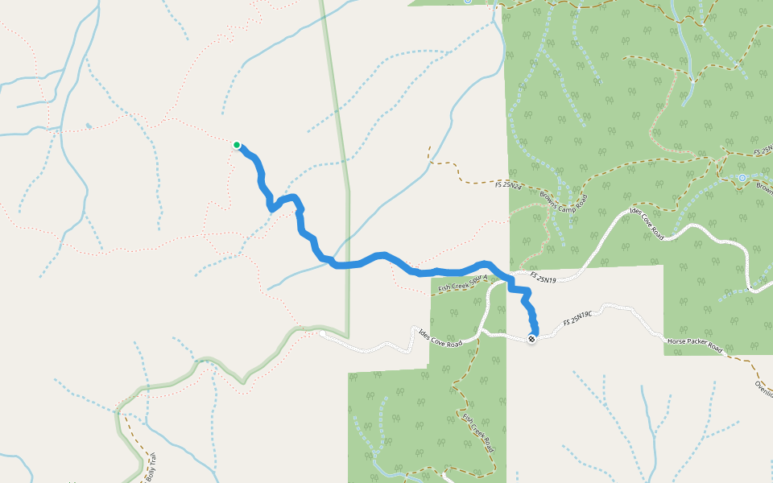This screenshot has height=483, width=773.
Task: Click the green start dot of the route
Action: coord(237,145)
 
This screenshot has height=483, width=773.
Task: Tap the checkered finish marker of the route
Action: coord(531,339)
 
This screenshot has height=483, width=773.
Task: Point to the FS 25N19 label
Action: coord(544,279)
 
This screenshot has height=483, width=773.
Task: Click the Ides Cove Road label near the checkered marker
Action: coord(440,337)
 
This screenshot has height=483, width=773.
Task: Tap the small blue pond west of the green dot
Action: coord(88,126)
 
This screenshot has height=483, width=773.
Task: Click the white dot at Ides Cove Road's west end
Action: coord(321,332)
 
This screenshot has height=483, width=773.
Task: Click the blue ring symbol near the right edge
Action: coord(742,177)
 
